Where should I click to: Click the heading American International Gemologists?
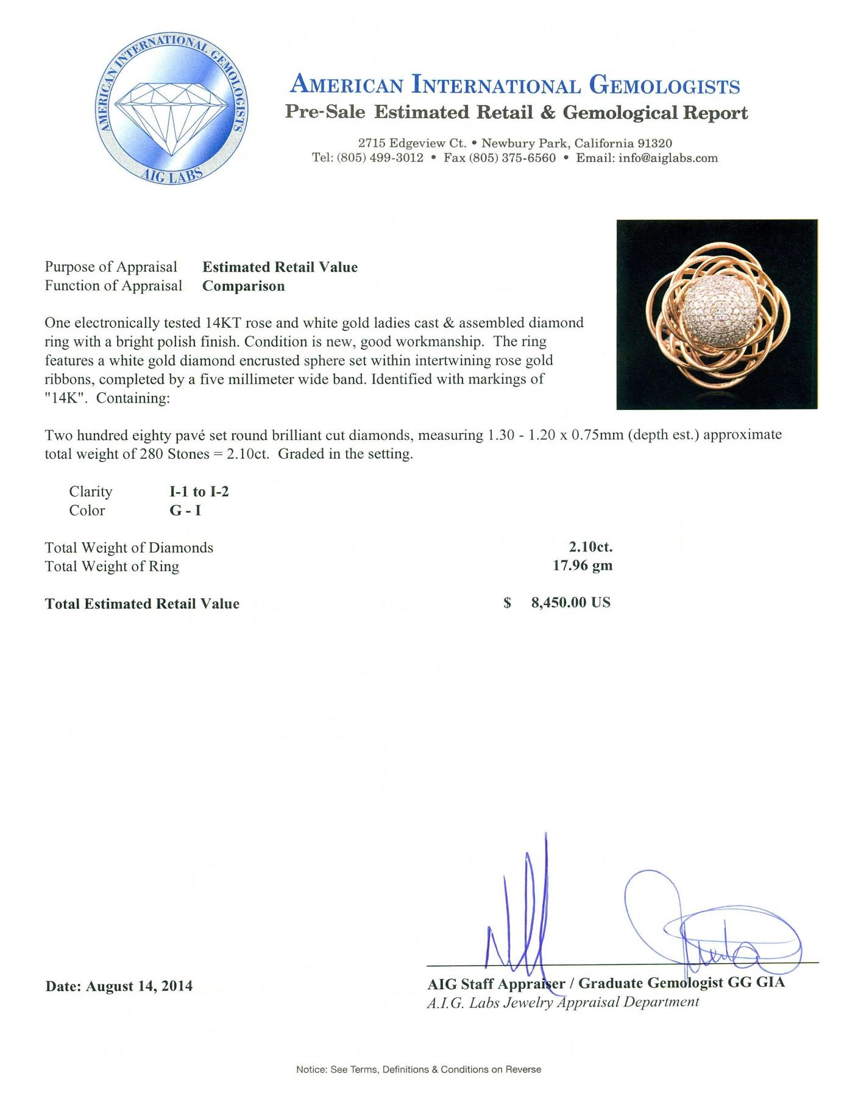(x=515, y=85)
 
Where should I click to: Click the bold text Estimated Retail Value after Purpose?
(x=280, y=267)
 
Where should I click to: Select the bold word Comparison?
(x=243, y=286)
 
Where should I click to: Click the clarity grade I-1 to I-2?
(x=199, y=492)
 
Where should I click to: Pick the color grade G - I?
(x=185, y=511)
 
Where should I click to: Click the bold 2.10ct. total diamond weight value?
(x=590, y=546)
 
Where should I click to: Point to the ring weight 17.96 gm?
(x=582, y=565)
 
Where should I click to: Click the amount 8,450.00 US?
(x=570, y=603)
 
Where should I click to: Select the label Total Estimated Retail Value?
(x=142, y=604)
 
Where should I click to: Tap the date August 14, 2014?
(x=140, y=986)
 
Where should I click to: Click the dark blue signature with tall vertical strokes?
(x=522, y=914)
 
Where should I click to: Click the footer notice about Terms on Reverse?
(x=419, y=1069)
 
